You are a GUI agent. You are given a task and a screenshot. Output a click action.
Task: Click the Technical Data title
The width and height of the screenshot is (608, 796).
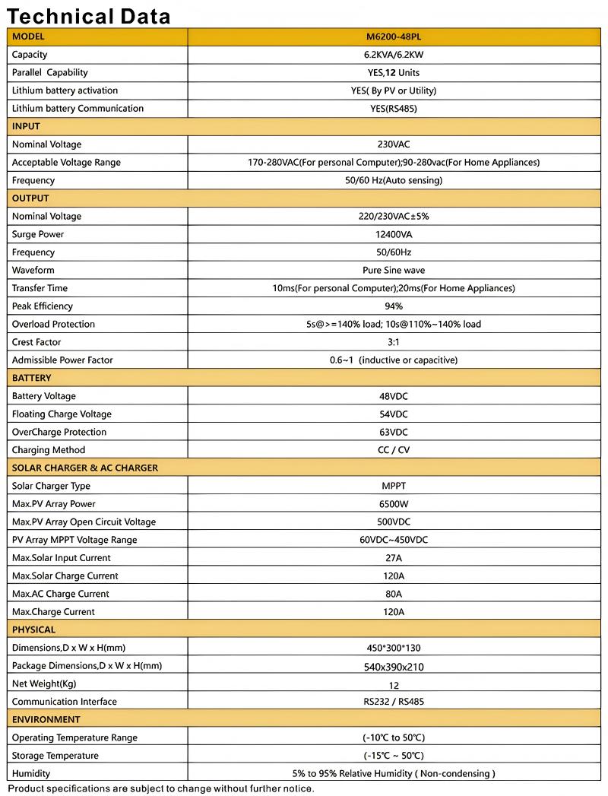tap(88, 15)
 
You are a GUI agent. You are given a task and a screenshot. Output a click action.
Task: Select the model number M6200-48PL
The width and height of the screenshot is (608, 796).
tap(394, 36)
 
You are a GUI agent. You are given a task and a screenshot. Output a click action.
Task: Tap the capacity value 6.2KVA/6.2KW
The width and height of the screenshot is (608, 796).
tap(394, 55)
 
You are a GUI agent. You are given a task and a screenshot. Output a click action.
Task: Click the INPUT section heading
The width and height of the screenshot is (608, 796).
tap(27, 126)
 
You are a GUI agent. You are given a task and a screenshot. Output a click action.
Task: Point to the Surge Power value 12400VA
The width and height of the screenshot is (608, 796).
tap(394, 234)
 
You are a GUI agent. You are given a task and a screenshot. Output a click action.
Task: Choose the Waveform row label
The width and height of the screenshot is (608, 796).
tap(33, 270)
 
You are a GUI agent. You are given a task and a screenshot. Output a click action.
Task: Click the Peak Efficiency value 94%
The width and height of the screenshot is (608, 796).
tap(394, 306)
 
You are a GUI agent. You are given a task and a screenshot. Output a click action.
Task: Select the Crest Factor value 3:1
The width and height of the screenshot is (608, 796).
tap(394, 342)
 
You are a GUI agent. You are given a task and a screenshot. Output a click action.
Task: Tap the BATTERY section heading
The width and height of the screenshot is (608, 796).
tap(32, 378)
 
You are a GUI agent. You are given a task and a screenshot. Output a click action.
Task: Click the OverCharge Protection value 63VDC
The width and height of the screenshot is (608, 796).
tap(394, 432)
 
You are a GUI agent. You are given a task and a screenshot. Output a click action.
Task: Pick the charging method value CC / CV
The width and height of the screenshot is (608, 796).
tap(394, 450)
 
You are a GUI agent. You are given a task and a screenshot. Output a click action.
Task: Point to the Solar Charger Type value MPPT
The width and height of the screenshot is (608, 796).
tap(394, 486)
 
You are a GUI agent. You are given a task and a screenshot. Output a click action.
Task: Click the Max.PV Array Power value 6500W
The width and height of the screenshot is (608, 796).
tap(394, 504)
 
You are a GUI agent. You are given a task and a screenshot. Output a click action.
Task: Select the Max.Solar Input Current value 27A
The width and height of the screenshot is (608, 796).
tap(394, 558)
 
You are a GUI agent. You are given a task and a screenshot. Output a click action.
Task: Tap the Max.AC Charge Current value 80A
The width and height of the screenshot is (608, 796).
tap(394, 594)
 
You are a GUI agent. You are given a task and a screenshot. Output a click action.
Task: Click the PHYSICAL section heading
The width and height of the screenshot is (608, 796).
tap(34, 630)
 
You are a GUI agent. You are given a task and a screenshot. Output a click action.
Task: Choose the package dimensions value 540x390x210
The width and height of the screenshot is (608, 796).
tap(394, 667)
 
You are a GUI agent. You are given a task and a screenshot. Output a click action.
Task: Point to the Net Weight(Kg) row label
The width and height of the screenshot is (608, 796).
tap(44, 683)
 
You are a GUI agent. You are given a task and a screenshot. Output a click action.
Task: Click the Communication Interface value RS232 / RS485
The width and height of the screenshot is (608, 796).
tap(394, 702)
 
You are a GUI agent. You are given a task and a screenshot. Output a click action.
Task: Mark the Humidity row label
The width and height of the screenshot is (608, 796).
tap(31, 773)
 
